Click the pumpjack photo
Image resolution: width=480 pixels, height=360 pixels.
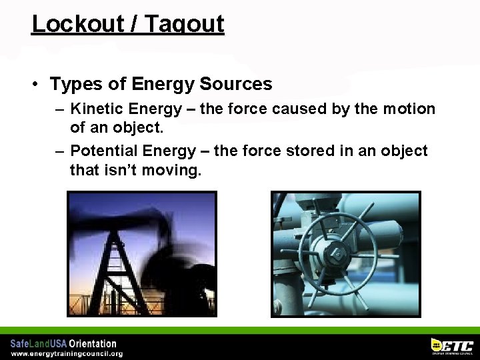(142, 254)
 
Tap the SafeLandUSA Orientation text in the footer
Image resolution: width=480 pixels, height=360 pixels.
(63, 344)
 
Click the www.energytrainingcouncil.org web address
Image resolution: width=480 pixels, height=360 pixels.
(67, 354)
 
